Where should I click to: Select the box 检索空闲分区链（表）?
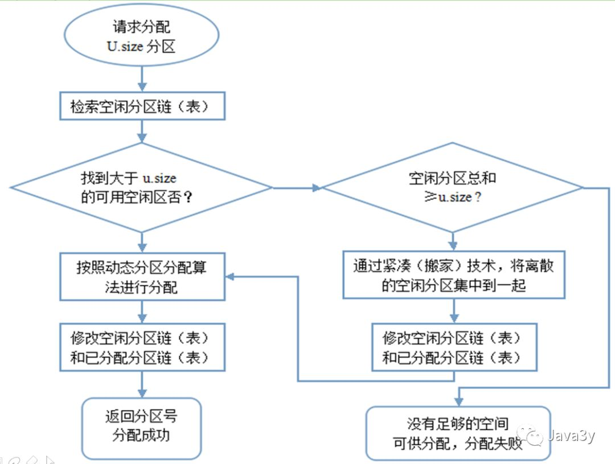(142, 107)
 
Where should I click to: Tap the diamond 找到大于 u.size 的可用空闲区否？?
(141, 187)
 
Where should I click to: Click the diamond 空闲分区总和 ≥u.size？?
(453, 187)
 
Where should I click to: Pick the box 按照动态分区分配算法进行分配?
(142, 277)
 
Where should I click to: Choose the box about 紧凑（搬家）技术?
(453, 274)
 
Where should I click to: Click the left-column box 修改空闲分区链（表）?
(142, 347)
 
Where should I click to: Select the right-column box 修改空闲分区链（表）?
(454, 347)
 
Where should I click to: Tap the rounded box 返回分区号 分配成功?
(141, 427)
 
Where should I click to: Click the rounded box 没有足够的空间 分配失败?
(458, 433)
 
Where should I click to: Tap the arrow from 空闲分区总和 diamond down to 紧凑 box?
(453, 241)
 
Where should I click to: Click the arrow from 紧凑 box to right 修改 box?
(454, 311)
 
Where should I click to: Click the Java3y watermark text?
(571, 436)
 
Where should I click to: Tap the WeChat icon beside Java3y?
(534, 437)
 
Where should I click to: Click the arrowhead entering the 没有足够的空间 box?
(459, 401)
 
